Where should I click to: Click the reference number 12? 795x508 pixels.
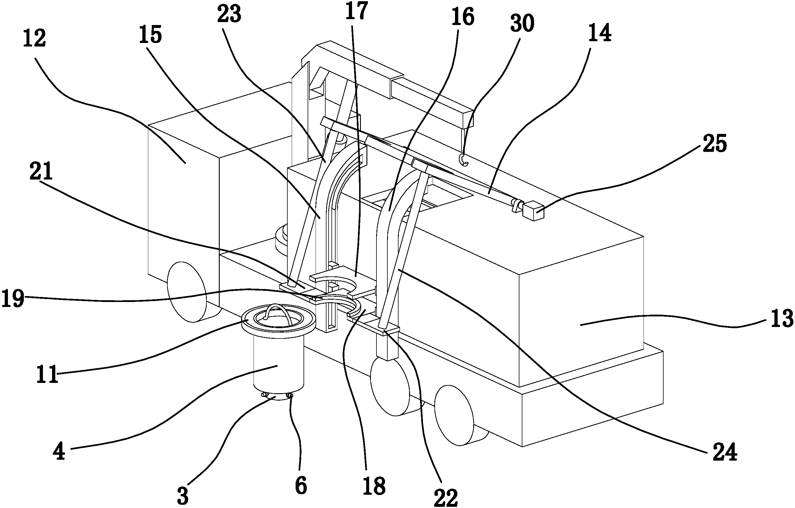(34, 39)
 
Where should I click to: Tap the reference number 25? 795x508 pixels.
(714, 144)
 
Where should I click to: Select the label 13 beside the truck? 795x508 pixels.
(781, 318)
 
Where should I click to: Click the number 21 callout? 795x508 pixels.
(41, 171)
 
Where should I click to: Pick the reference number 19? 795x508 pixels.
(13, 298)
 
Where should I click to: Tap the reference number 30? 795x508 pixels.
(522, 24)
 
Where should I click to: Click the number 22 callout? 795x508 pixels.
(446, 497)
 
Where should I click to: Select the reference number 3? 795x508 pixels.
(183, 495)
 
